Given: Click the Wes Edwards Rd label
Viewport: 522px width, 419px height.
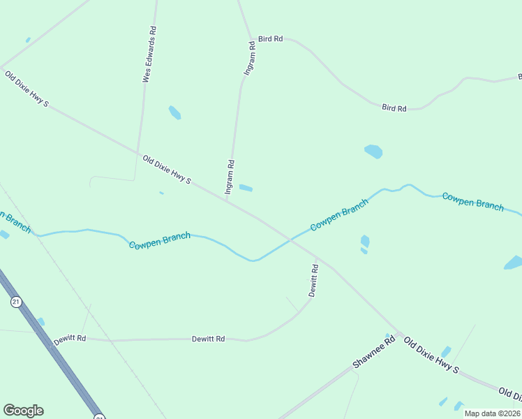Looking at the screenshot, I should pyautogui.click(x=149, y=54).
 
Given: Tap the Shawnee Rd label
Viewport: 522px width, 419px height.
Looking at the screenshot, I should pyautogui.click(x=373, y=352).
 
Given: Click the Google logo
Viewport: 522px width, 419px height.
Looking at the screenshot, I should pyautogui.click(x=23, y=411).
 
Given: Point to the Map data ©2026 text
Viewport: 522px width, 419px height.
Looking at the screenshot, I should pyautogui.click(x=492, y=413).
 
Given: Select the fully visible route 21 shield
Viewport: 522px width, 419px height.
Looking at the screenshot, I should pyautogui.click(x=16, y=302).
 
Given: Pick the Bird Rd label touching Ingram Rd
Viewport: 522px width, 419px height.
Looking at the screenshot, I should pyautogui.click(x=270, y=39).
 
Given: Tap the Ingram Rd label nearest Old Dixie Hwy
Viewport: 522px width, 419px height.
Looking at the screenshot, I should pyautogui.click(x=229, y=176).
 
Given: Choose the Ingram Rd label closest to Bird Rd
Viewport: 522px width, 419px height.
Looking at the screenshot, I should pyautogui.click(x=249, y=58).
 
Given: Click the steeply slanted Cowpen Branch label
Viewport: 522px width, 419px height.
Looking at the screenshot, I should pyautogui.click(x=339, y=216).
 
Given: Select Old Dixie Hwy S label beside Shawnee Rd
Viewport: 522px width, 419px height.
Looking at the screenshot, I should pyautogui.click(x=432, y=355).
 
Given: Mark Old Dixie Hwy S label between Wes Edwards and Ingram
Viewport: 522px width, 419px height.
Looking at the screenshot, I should pyautogui.click(x=167, y=170).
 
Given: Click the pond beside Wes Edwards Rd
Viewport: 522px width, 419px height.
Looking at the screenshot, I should pyautogui.click(x=174, y=112).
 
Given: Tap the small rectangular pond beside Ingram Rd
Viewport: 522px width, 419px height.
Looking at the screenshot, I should pyautogui.click(x=246, y=187).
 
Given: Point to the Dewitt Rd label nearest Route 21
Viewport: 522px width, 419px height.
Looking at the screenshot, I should pyautogui.click(x=70, y=339).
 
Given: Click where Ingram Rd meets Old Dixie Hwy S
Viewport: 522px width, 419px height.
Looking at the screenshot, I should pyautogui.click(x=227, y=201).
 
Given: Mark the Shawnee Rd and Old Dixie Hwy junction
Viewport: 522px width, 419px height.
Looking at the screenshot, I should pyautogui.click(x=399, y=333).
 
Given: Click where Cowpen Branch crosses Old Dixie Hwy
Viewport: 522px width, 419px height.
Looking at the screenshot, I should pyautogui.click(x=289, y=240).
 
